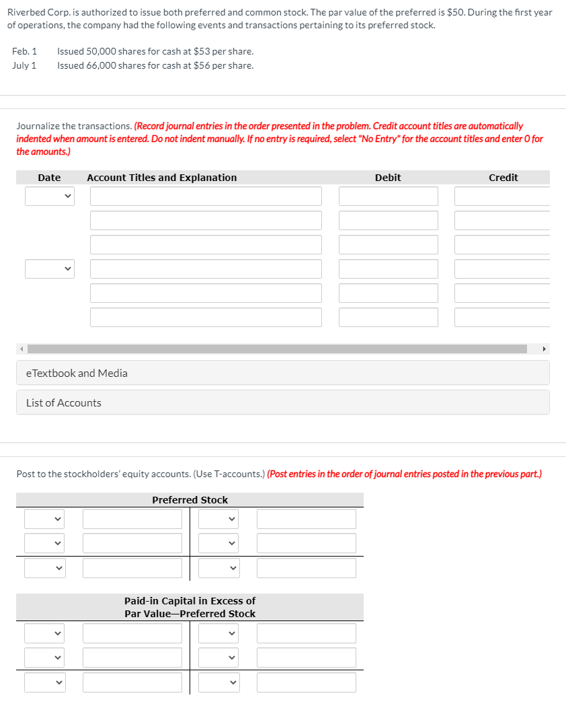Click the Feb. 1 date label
[x=25, y=51]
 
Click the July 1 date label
[x=24, y=65]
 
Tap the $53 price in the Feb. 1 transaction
[x=202, y=51]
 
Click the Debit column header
[x=388, y=178]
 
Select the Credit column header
[x=503, y=178]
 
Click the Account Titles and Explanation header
[x=162, y=178]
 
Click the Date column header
[x=49, y=178]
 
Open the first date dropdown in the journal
[x=50, y=197]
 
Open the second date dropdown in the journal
[x=50, y=269]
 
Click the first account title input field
[x=206, y=197]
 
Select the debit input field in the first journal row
[x=388, y=197]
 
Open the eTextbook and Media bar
[x=282, y=373]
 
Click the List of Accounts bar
[x=282, y=402]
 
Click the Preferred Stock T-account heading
[x=190, y=500]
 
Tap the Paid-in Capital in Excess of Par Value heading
[x=190, y=607]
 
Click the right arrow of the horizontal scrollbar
[x=544, y=349]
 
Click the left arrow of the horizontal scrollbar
[x=21, y=349]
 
